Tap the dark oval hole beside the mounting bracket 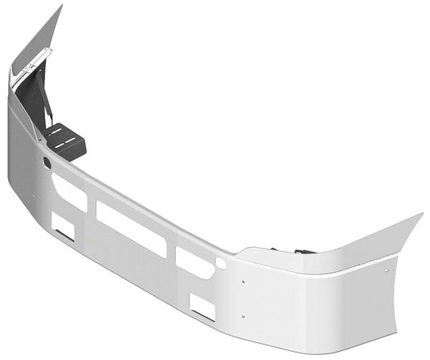coord(47,163)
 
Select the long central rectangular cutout coord(132,228)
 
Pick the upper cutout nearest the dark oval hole coord(69,191)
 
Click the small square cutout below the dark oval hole coord(63,227)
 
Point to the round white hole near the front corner coord(220,263)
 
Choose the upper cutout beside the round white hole coord(194,262)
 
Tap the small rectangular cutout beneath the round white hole coord(202,306)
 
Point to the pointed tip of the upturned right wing coord(420,215)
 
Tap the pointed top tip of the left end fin coord(60,6)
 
